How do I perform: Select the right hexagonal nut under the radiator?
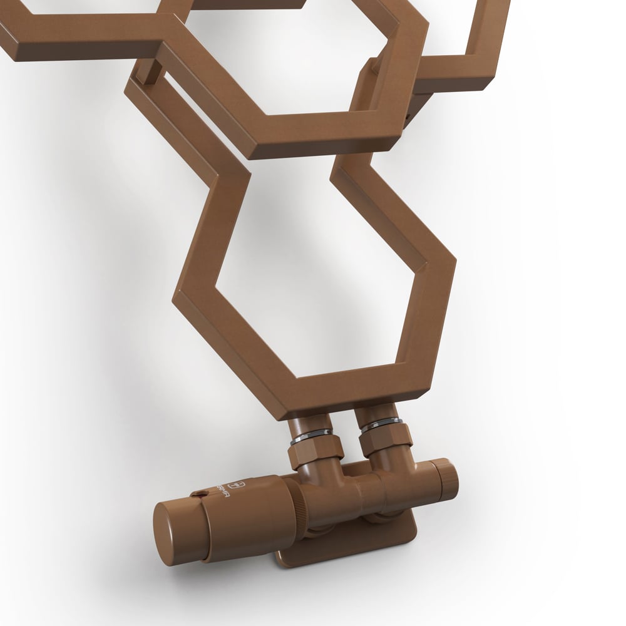coord(385,439)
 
